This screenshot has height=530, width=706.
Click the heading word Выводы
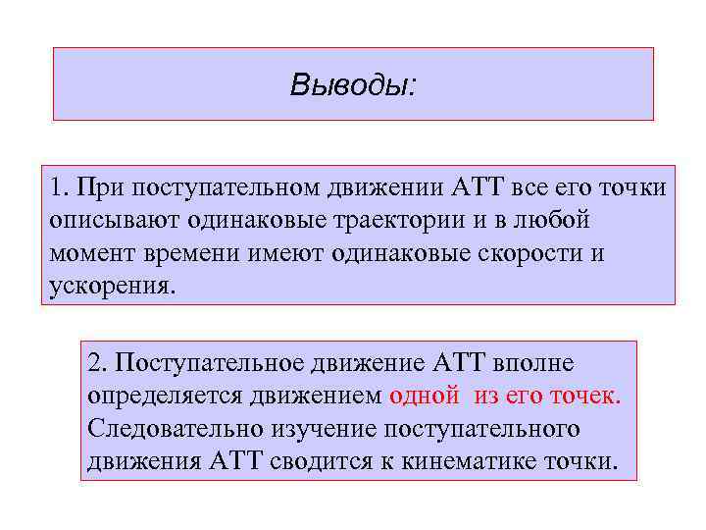(350, 85)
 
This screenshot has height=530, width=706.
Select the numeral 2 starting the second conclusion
(94, 363)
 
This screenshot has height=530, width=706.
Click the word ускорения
(111, 288)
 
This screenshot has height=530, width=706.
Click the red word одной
(424, 397)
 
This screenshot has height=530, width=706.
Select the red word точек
(585, 397)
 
